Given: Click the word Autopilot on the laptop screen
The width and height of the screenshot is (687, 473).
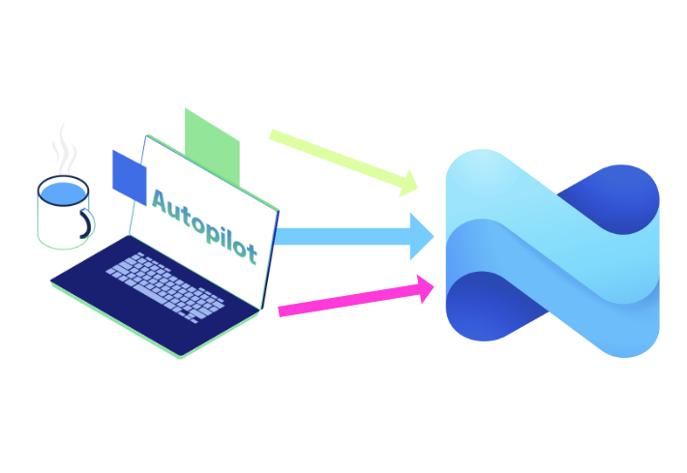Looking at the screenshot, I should coord(204,224).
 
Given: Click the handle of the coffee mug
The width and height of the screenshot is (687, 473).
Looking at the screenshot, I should coord(87,223).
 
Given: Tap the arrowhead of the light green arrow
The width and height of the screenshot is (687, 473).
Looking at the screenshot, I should coord(408,183).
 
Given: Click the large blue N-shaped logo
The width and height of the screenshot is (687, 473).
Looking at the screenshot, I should coord(552,253).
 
